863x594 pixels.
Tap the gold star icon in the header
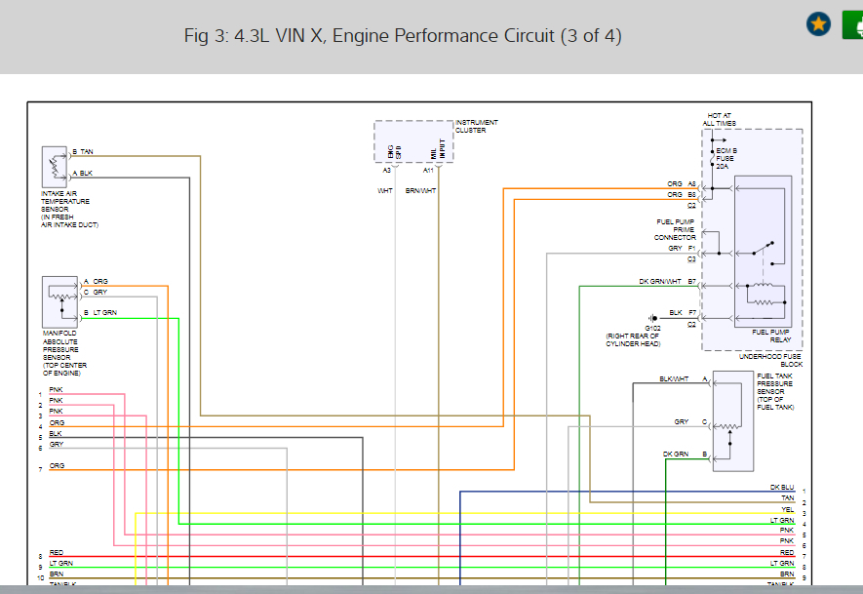coord(818,23)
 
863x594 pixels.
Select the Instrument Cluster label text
coord(477,126)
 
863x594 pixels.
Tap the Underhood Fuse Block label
coord(770,360)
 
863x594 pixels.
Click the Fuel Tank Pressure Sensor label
coord(776,390)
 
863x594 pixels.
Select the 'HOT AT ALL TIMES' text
coord(721,120)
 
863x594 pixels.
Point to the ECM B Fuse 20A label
coord(726,158)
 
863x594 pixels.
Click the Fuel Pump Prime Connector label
coord(675,229)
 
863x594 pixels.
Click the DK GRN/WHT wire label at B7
coord(660,282)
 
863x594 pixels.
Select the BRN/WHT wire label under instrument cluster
coord(421,191)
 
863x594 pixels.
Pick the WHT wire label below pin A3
coord(385,191)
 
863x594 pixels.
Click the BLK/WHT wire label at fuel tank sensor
coord(674,378)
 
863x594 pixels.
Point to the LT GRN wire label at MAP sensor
coord(104,312)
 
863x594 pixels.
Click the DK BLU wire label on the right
coord(782,488)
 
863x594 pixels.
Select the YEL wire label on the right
coord(787,509)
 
